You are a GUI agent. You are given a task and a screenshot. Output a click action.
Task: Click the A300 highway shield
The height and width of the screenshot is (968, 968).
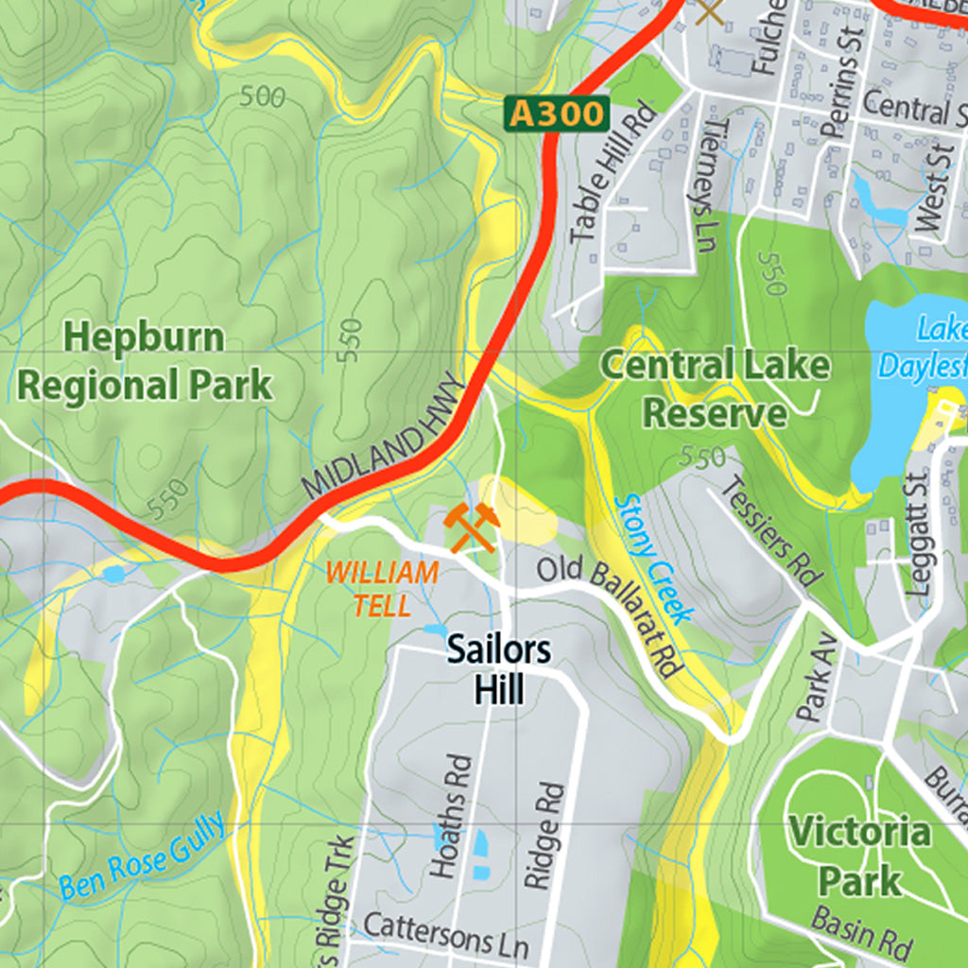(x=555, y=113)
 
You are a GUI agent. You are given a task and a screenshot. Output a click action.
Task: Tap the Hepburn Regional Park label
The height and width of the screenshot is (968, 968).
(x=146, y=361)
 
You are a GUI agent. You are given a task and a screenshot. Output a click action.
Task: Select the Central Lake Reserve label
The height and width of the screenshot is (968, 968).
(x=716, y=389)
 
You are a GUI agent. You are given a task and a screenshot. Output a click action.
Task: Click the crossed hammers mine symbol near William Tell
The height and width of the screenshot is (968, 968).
(x=471, y=527)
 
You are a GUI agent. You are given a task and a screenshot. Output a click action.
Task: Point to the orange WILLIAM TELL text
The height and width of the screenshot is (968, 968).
(x=382, y=588)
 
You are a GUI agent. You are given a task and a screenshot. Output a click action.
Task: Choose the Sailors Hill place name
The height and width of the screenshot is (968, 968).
(x=498, y=669)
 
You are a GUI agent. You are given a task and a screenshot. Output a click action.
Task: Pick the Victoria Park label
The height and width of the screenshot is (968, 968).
(x=859, y=856)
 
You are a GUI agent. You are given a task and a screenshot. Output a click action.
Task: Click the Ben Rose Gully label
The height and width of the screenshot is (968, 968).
(x=143, y=856)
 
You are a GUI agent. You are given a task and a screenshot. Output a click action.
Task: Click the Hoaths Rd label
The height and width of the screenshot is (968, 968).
(x=451, y=816)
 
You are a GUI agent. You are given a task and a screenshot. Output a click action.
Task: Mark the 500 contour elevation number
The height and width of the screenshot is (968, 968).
(x=263, y=96)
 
